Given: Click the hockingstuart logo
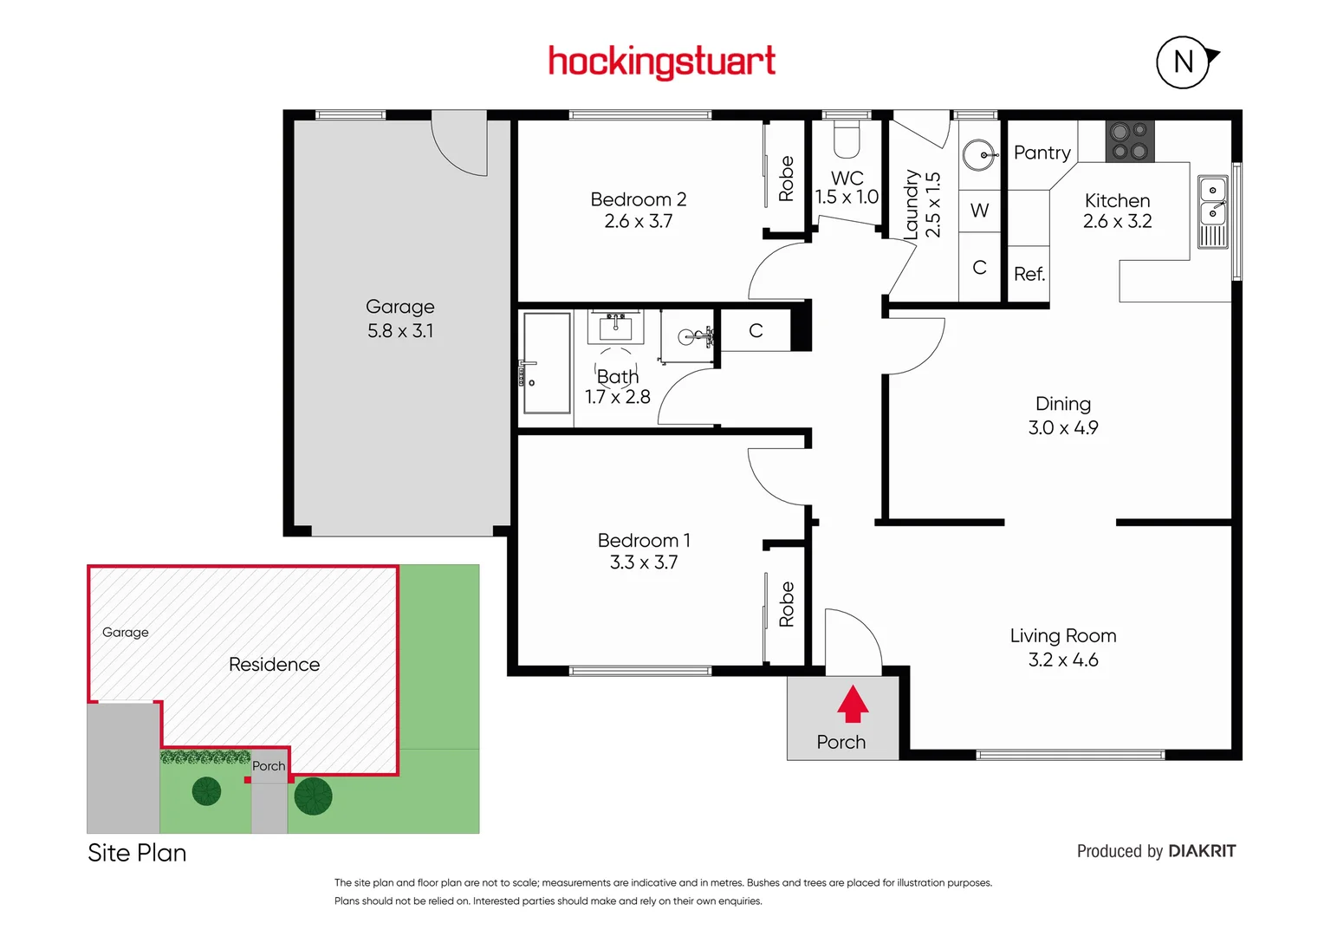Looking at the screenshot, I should tap(661, 62).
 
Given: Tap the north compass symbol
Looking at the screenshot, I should tap(1184, 62).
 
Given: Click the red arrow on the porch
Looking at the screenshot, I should tap(853, 704).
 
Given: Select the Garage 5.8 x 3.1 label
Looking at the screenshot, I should tap(400, 318).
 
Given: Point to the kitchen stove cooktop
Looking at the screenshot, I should tap(1129, 141).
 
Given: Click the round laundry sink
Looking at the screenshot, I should tap(980, 156).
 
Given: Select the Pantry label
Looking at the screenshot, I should tap(1042, 153).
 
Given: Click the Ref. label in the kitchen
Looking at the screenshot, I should tap(1029, 275).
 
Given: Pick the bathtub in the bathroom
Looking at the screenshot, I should tap(546, 363).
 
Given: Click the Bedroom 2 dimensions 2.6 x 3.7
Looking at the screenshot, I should tap(639, 222).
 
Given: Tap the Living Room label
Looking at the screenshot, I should tap(1062, 636).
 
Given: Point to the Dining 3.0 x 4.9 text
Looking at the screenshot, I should tap(1062, 416).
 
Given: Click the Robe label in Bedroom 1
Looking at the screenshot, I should tap(787, 604).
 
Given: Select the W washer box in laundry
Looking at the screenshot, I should tap(980, 211).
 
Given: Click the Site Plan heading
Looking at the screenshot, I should tap(137, 853).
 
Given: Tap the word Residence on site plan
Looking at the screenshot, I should tap(274, 665).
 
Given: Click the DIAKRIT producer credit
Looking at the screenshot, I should tap(1201, 851).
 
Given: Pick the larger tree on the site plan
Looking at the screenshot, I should tap(313, 796).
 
